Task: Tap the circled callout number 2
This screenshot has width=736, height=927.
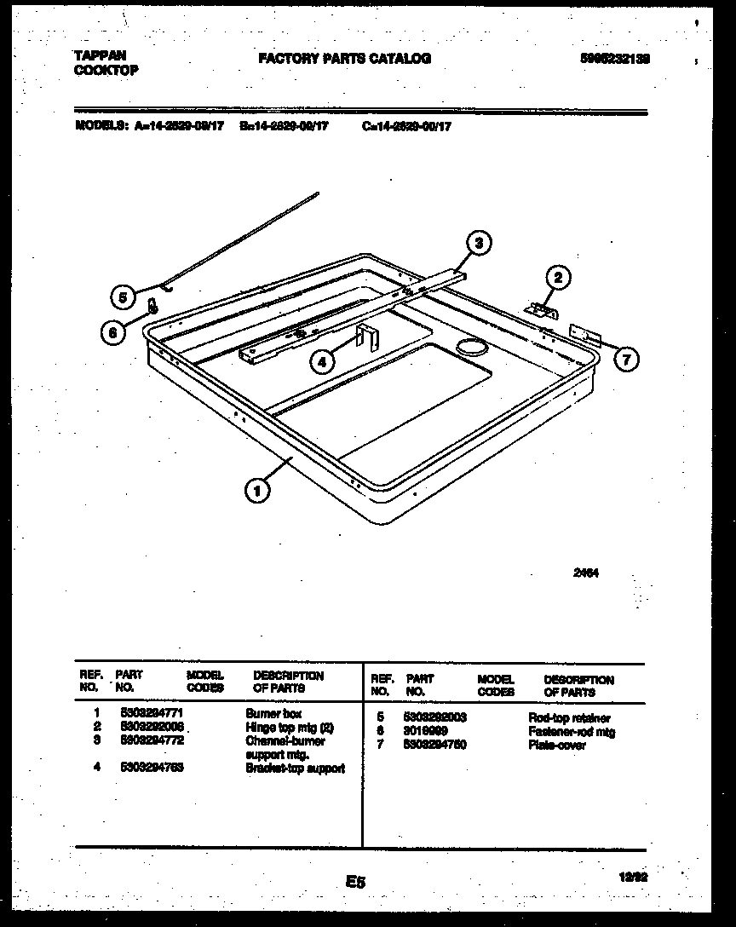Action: [x=558, y=277]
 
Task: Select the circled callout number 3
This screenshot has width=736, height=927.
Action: [x=479, y=243]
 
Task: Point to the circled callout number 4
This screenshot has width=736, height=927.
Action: [x=322, y=361]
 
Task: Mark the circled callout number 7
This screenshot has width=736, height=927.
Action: [x=626, y=360]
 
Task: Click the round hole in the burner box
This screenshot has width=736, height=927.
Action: [x=469, y=344]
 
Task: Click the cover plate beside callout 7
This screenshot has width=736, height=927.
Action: [x=584, y=335]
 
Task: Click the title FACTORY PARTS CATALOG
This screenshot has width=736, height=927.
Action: [x=344, y=59]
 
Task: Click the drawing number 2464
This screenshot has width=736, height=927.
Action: [x=586, y=573]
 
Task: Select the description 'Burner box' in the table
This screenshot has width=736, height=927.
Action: [x=273, y=713]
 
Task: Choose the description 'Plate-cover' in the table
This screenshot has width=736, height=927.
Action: [x=557, y=746]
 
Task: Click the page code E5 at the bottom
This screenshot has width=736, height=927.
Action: [x=355, y=883]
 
